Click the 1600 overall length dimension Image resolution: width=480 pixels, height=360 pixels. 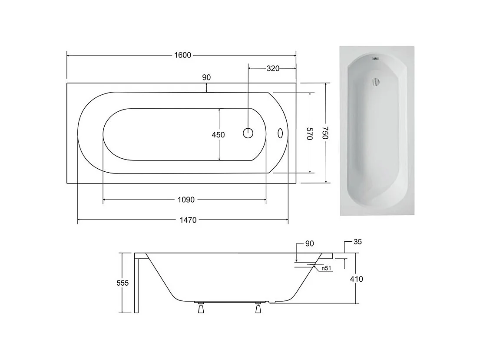(183, 55)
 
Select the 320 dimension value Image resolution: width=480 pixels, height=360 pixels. (272, 68)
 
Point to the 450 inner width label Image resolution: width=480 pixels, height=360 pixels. (218, 135)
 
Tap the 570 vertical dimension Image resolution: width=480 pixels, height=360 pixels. (310, 133)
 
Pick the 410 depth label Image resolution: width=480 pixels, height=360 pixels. (356, 279)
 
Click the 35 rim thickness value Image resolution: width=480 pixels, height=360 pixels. (358, 242)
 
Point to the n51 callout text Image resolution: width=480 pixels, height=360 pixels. (327, 269)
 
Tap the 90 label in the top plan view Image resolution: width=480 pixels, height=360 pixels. (206, 77)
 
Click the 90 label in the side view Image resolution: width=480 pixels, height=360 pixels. (309, 243)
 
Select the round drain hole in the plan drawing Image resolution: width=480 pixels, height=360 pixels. (248, 133)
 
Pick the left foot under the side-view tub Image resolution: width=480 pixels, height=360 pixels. (200, 308)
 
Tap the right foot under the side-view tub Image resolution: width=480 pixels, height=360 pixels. (258, 308)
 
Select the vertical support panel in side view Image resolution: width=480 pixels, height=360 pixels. (136, 285)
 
